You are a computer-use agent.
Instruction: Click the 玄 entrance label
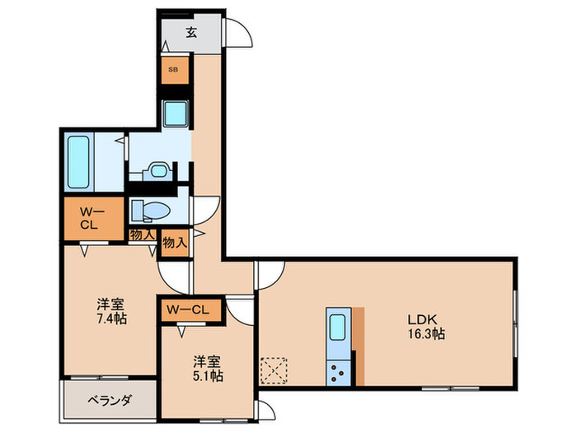190,33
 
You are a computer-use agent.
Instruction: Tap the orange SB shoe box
174,70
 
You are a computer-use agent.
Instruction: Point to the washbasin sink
157,170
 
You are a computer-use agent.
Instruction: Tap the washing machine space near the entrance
175,114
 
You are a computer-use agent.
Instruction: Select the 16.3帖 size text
425,335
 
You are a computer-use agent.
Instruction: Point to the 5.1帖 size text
207,375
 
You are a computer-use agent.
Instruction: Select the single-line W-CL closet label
190,309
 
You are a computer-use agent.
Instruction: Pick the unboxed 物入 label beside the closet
142,235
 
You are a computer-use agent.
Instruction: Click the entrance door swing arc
238,33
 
